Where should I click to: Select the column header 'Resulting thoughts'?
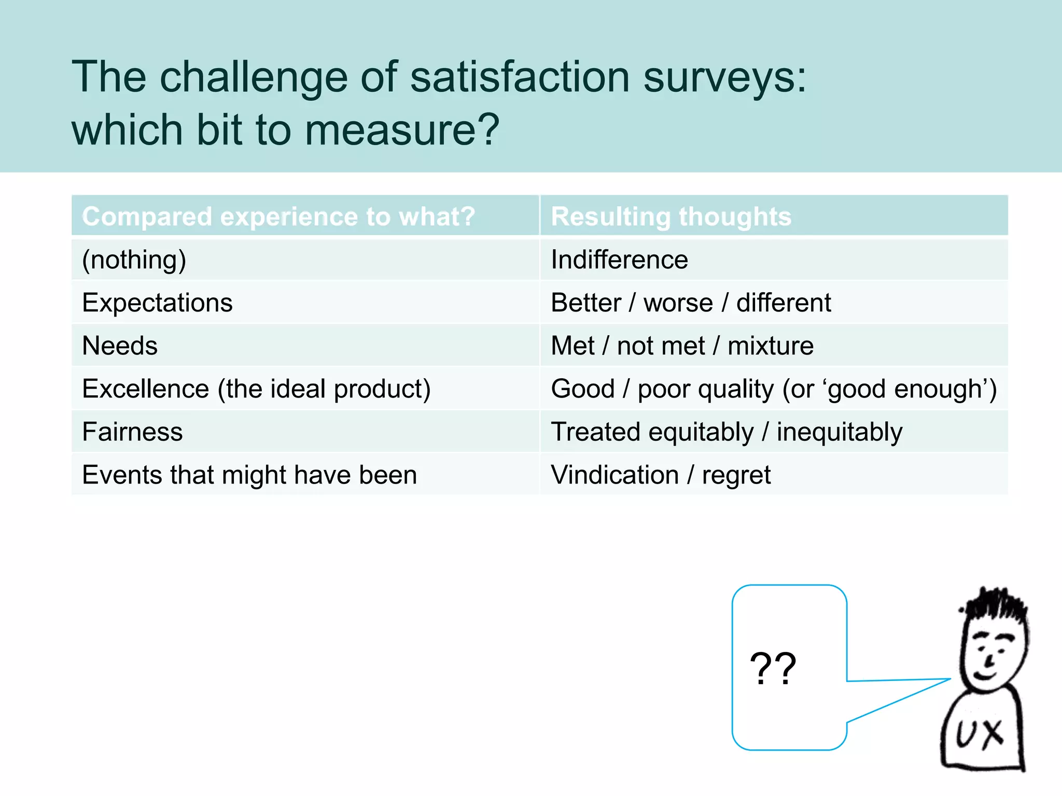coord(671,216)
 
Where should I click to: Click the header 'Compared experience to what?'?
coord(278,216)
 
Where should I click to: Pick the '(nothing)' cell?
coord(134,260)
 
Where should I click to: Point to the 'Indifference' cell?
coord(619,260)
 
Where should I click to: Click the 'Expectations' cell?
coord(157,303)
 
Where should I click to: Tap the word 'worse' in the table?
coord(678,303)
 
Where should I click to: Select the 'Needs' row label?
coord(120,346)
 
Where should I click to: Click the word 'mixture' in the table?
coord(770,346)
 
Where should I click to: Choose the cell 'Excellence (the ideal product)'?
coord(256,389)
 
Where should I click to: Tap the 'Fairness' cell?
coord(132,432)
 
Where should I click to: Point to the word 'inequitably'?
coord(839,432)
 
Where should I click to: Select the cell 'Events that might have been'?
coord(249,475)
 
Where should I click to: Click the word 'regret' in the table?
coord(736,475)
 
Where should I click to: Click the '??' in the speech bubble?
coord(773,669)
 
